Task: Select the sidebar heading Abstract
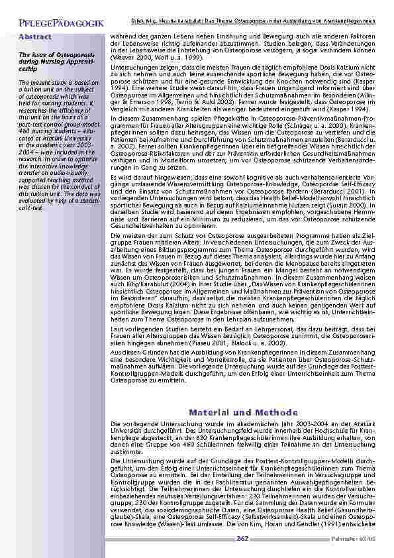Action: point(34,36)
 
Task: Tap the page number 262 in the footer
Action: point(242,539)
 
